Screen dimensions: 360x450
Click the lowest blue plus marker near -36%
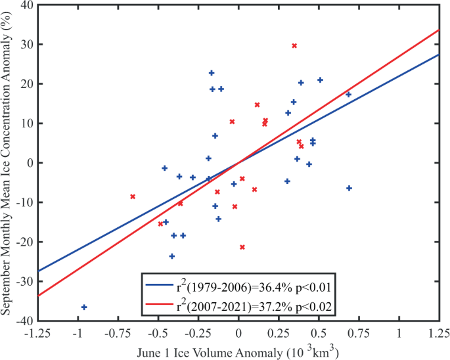click(x=84, y=307)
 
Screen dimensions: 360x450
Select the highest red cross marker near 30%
click(x=294, y=46)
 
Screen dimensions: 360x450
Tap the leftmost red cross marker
click(x=133, y=196)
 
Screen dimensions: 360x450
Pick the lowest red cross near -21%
click(x=242, y=247)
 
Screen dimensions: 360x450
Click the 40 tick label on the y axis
click(x=26, y=5)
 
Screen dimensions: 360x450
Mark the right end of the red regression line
click(x=439, y=30)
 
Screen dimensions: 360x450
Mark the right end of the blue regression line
click(x=439, y=55)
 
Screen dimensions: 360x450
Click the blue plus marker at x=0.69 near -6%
click(x=349, y=188)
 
